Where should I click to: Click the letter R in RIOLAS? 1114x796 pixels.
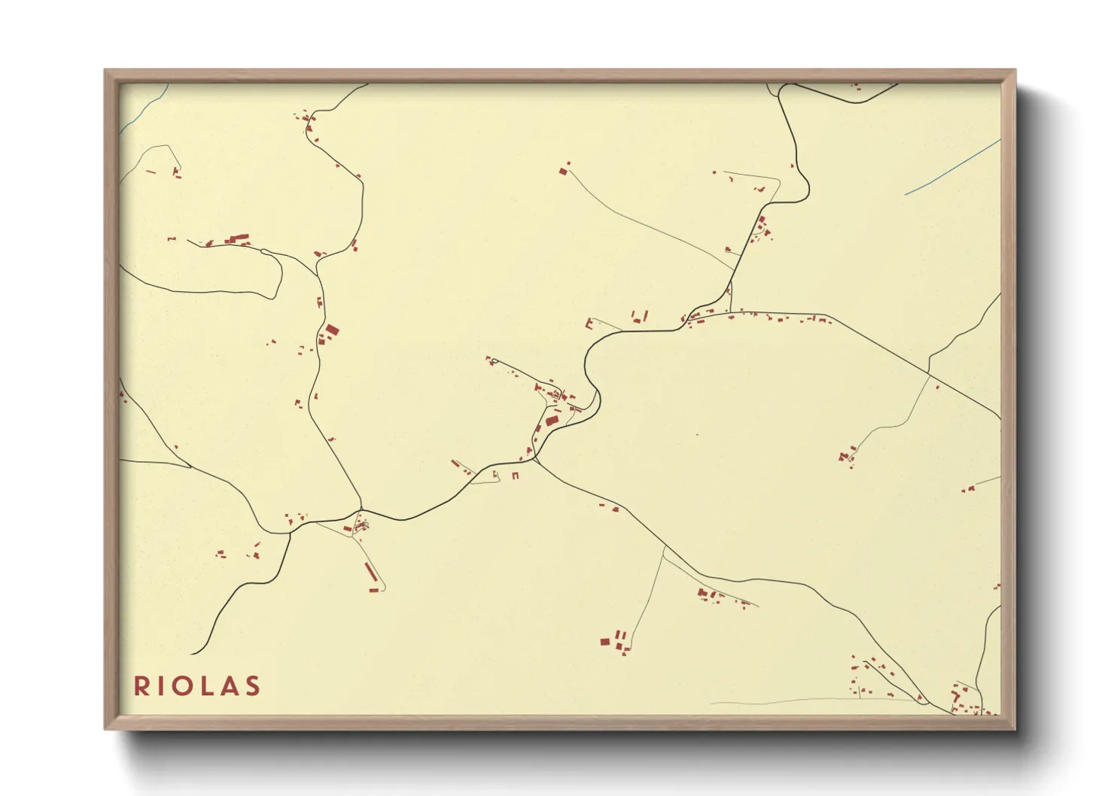click(x=141, y=686)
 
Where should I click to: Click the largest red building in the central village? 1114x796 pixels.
click(x=552, y=420)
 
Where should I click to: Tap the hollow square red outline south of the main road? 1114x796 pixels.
click(x=516, y=475)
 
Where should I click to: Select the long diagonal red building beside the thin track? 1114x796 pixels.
click(x=370, y=572)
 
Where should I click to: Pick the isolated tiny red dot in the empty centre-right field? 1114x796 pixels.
click(x=697, y=434)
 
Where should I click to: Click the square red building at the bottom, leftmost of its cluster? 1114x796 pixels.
click(x=604, y=642)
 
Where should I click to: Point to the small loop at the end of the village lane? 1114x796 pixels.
click(x=493, y=362)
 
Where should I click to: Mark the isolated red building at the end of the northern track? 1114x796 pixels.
click(x=563, y=172)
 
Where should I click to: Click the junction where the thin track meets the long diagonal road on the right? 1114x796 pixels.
click(x=930, y=375)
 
